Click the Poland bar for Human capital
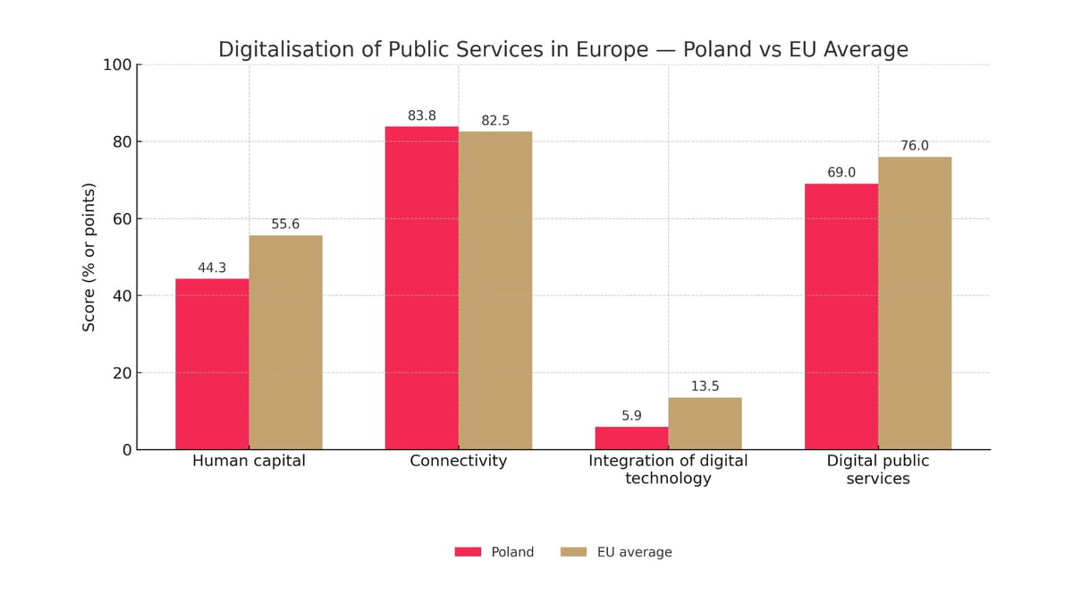tap(212, 364)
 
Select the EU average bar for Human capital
tap(285, 343)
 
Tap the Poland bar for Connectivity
tap(421, 288)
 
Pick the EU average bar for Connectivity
tap(495, 291)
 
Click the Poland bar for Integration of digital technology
tap(631, 438)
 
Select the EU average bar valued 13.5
tap(705, 424)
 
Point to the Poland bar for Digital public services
tap(841, 317)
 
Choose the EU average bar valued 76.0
tap(915, 303)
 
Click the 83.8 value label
tap(421, 116)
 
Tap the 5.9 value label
tap(631, 416)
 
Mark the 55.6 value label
tap(285, 225)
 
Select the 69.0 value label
tap(841, 173)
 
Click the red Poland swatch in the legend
tap(468, 552)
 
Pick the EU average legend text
tap(634, 552)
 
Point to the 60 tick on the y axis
tap(121, 219)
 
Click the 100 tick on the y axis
tap(117, 64)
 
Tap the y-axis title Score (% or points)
tap(89, 257)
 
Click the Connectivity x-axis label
tap(458, 461)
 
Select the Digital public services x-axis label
tap(877, 470)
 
